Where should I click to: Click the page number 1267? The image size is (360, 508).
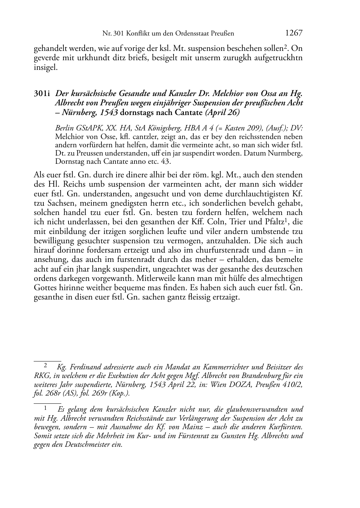click(x=294, y=33)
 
